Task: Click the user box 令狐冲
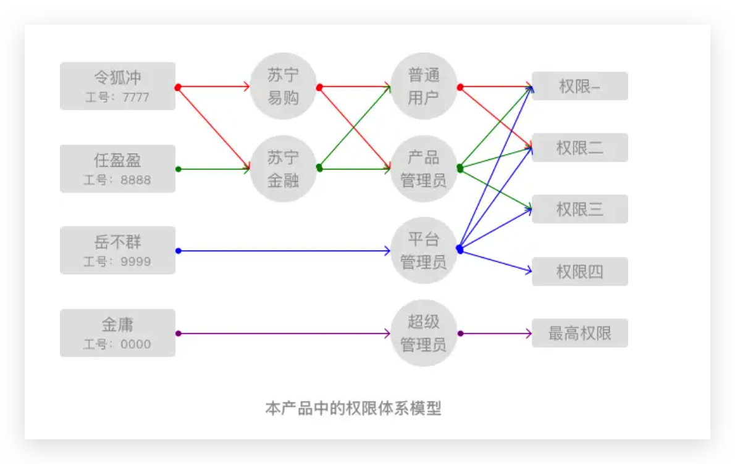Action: pyautogui.click(x=117, y=86)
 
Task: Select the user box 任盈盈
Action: pyautogui.click(x=117, y=168)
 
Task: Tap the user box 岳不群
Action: pyautogui.click(x=117, y=250)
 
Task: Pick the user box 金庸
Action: pyautogui.click(x=117, y=333)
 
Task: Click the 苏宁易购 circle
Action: pyautogui.click(x=283, y=86)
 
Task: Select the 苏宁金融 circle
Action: pyautogui.click(x=283, y=168)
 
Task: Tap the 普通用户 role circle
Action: pyautogui.click(x=424, y=86)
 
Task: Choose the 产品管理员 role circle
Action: pyautogui.click(x=424, y=168)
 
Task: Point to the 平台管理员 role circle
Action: pyautogui.click(x=424, y=250)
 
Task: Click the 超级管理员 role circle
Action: pyautogui.click(x=424, y=333)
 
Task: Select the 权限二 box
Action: pyautogui.click(x=579, y=147)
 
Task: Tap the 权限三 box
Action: pyautogui.click(x=579, y=209)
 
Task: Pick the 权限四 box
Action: pyautogui.click(x=579, y=271)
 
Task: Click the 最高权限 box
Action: pyautogui.click(x=579, y=333)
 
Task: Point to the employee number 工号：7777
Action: pyautogui.click(x=117, y=97)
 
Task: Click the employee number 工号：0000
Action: pyautogui.click(x=117, y=344)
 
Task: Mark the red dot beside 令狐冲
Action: pyautogui.click(x=178, y=87)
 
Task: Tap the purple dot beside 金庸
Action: pyautogui.click(x=178, y=333)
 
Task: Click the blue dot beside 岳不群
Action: pyautogui.click(x=178, y=251)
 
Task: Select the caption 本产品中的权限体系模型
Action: pyautogui.click(x=353, y=408)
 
